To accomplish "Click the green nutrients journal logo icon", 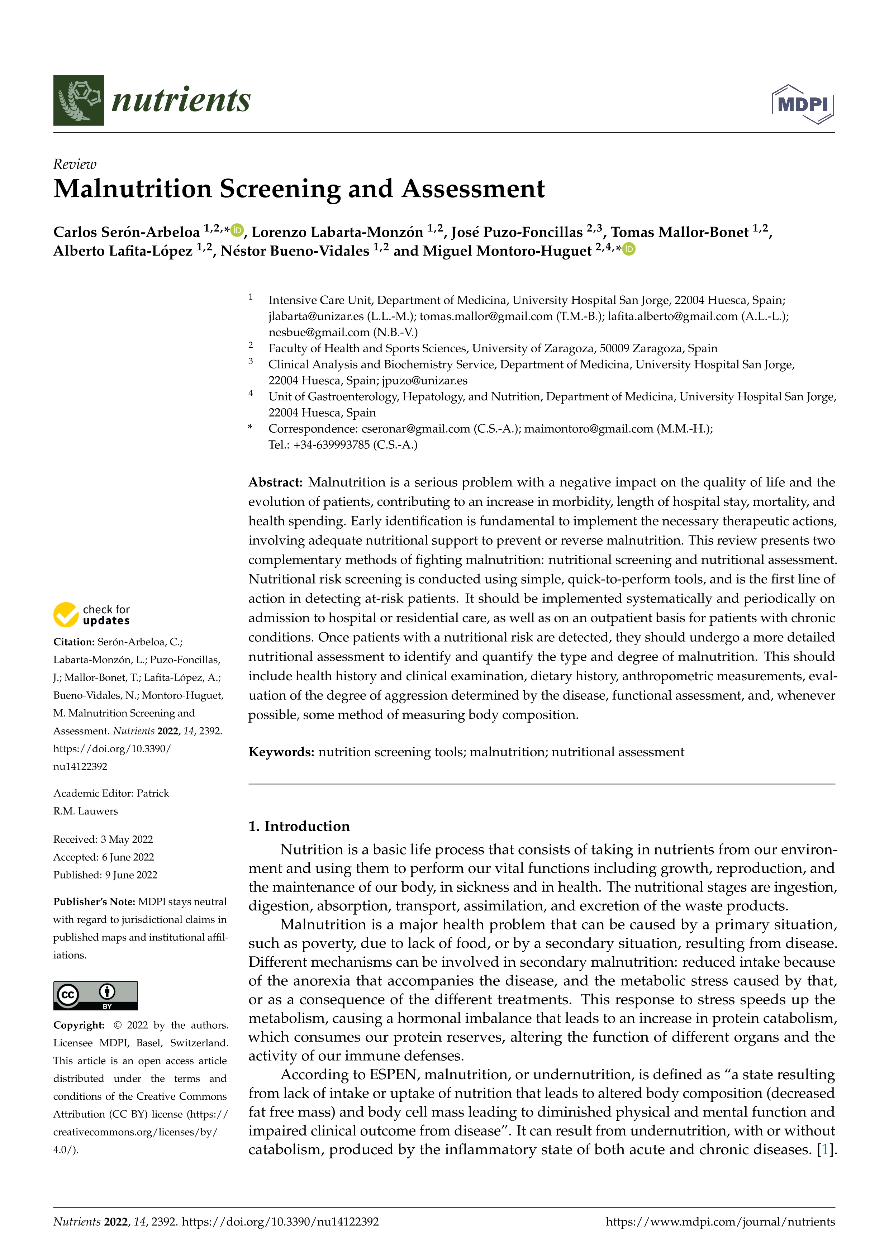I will (x=78, y=100).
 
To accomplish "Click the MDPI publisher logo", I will (x=803, y=104).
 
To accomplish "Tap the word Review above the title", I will (x=75, y=164).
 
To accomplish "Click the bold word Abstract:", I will (x=275, y=482).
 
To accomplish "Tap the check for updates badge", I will (x=91, y=615).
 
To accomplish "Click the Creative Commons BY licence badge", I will (x=95, y=995).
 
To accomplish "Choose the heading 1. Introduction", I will (x=299, y=826).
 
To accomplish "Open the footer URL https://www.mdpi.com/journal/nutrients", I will (x=721, y=1222).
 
